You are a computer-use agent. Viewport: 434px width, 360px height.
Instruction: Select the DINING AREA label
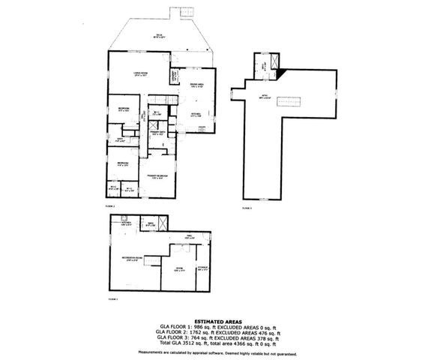(x=197, y=86)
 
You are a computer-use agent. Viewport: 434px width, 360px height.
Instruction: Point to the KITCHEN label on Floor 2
(x=196, y=115)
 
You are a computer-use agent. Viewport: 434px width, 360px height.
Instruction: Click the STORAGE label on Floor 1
(x=202, y=268)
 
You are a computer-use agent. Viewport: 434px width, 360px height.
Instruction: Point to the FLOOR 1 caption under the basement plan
(x=114, y=298)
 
